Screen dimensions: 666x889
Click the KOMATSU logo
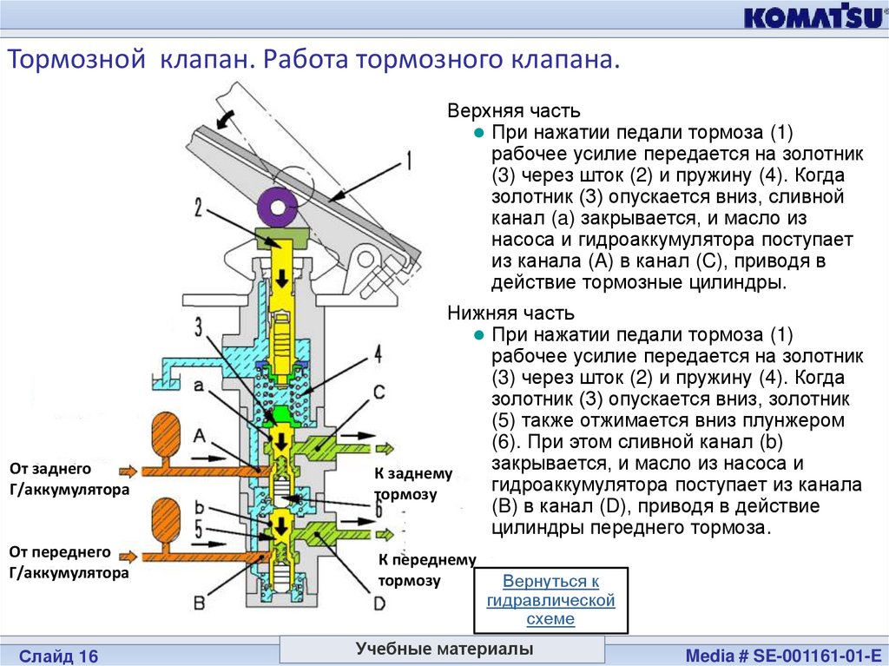click(x=810, y=18)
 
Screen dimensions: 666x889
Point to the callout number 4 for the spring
click(x=378, y=354)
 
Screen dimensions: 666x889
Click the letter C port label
click(x=379, y=392)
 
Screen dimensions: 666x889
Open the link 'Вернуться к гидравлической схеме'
click(x=550, y=600)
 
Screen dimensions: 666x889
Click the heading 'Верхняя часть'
click(x=514, y=112)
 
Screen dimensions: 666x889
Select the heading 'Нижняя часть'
click(x=510, y=313)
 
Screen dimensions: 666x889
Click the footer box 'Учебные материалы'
click(x=444, y=650)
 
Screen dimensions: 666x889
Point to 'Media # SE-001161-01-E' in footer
click(x=782, y=655)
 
